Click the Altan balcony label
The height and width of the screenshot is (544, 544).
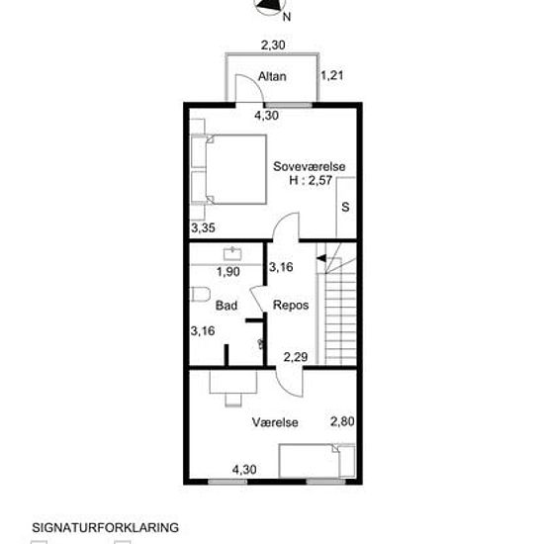pyautogui.click(x=272, y=76)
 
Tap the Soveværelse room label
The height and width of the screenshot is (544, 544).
pyautogui.click(x=310, y=166)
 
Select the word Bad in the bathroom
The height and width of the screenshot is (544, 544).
pyautogui.click(x=227, y=306)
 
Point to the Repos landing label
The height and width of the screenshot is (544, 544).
pyautogui.click(x=291, y=306)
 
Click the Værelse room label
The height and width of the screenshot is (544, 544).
pyautogui.click(x=275, y=422)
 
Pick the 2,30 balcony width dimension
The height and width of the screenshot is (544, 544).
pyautogui.click(x=273, y=45)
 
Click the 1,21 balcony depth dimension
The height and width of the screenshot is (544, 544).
pyautogui.click(x=332, y=75)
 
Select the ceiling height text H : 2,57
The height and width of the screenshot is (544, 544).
pyautogui.click(x=311, y=180)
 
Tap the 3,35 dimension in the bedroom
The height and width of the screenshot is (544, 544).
pyautogui.click(x=204, y=227)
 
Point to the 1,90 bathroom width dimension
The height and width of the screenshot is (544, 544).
pyautogui.click(x=228, y=272)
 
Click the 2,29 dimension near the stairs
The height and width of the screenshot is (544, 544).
pyautogui.click(x=296, y=357)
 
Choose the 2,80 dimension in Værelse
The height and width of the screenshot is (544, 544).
pyautogui.click(x=342, y=421)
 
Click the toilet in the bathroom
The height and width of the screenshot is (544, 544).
pyautogui.click(x=200, y=294)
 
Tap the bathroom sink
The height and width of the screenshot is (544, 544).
pyautogui.click(x=232, y=253)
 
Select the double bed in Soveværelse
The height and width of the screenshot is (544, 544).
pyautogui.click(x=228, y=169)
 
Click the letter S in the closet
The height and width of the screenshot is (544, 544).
pyautogui.click(x=345, y=207)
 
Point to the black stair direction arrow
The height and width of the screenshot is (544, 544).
pyautogui.click(x=320, y=258)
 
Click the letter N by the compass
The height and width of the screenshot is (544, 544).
pyautogui.click(x=287, y=17)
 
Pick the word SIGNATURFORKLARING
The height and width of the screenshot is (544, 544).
pyautogui.click(x=106, y=528)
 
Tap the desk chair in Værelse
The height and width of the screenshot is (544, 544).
pyautogui.click(x=233, y=400)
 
